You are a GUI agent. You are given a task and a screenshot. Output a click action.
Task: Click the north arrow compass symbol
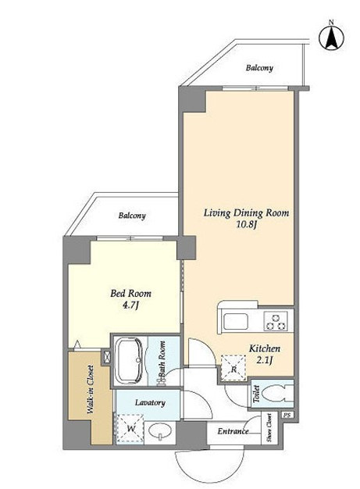332,37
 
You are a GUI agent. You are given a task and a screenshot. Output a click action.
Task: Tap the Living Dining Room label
246,213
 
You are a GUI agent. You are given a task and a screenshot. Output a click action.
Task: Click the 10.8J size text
246,224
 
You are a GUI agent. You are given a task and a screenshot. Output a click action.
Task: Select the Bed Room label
130,294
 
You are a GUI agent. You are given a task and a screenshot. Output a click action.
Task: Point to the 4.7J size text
130,305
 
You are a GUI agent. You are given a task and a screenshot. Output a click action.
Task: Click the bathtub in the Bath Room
129,360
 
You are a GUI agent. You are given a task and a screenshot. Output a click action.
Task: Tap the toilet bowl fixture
277,393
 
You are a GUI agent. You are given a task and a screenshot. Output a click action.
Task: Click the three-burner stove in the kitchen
275,321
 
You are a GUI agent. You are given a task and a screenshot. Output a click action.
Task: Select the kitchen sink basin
236,321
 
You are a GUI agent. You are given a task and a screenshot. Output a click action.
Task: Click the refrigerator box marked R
233,368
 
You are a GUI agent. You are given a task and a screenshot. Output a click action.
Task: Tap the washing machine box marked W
130,429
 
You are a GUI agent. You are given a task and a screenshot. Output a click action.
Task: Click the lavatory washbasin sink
160,432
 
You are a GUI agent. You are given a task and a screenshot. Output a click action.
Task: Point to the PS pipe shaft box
287,416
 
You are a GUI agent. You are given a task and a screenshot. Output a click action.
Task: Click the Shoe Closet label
269,427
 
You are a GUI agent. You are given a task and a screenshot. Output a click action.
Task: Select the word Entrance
233,431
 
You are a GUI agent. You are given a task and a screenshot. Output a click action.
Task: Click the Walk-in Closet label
91,389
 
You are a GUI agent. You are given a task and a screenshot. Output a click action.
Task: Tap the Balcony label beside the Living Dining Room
259,68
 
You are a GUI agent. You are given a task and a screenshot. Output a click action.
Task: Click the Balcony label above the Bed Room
132,216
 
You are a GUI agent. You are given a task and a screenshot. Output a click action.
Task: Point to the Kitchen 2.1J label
264,355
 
